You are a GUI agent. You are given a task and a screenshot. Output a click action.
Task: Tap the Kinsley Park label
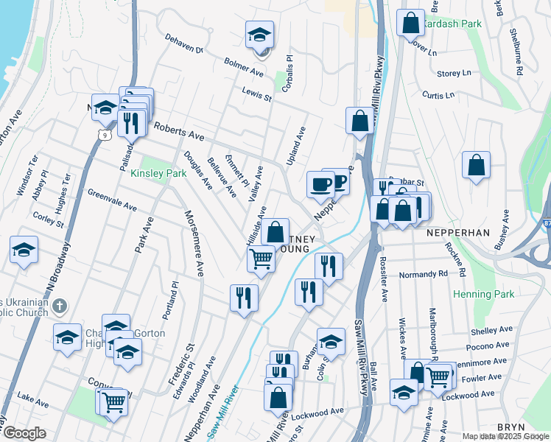(x=158, y=174)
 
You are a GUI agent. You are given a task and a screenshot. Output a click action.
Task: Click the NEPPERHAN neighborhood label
(x=458, y=232)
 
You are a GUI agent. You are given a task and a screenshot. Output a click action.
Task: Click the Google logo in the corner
(x=24, y=433)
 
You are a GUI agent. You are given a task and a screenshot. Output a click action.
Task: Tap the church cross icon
(x=62, y=304)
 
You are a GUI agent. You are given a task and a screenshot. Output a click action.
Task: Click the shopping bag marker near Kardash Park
(x=410, y=23)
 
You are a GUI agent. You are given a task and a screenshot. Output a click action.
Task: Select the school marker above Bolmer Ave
(x=259, y=35)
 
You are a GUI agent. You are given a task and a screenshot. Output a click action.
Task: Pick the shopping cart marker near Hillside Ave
(x=261, y=259)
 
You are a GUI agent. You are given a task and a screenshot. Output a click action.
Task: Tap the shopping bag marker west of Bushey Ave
(x=477, y=164)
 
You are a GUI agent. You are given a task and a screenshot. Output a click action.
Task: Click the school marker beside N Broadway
(x=24, y=250)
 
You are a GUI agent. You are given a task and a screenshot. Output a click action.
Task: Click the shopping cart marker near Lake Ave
(x=114, y=403)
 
